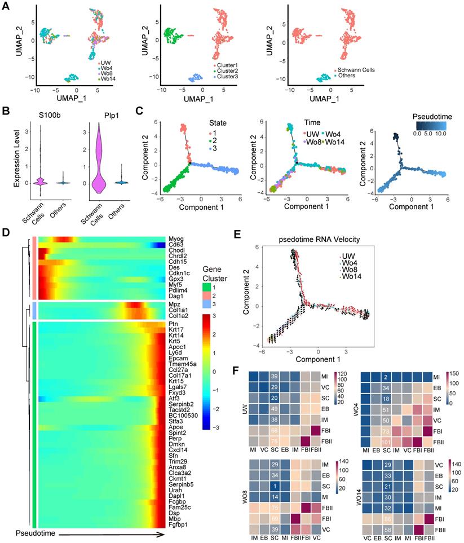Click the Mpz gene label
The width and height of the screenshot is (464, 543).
173,303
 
